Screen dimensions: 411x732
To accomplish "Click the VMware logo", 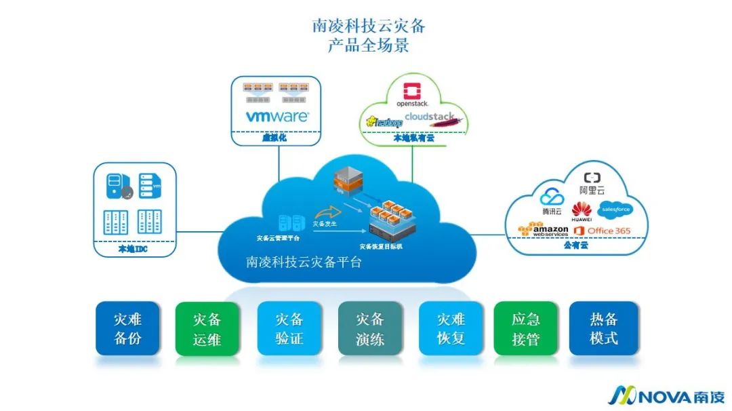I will pos(277,116).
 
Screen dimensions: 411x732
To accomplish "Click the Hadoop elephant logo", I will pos(384,121).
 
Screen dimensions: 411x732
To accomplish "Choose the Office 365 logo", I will pos(602,231).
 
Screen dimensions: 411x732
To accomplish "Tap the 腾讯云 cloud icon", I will pos(552,197).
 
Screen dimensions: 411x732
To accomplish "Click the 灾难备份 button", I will pos(127,328).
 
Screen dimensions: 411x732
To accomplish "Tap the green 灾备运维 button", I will pos(207,328).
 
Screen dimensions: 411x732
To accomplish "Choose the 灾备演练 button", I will pos(370,328).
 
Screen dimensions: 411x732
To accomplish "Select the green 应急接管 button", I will pos(526,328).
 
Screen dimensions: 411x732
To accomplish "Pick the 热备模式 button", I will pos(604,328).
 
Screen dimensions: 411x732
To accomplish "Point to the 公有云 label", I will pos(575,246).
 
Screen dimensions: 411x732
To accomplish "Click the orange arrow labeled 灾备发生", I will pos(331,212).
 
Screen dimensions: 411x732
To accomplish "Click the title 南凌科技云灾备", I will pos(369,26).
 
